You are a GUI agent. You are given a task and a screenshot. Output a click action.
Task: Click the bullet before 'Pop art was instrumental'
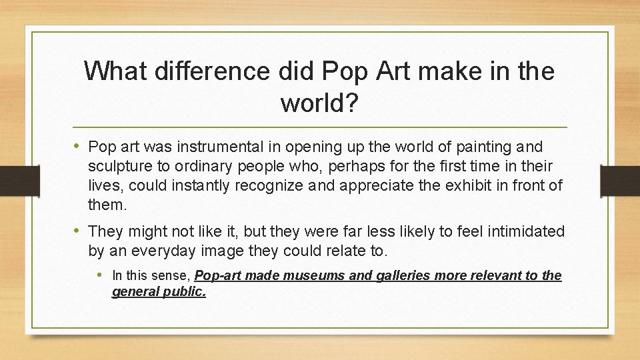coord(79,146)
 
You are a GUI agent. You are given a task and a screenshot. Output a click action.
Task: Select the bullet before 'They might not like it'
coord(79,231)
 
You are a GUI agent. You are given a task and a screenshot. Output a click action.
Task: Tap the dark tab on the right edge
coord(620,179)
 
